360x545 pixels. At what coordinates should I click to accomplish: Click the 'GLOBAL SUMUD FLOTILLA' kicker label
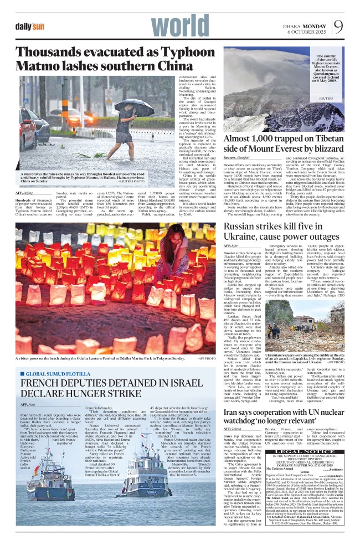[53, 374]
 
